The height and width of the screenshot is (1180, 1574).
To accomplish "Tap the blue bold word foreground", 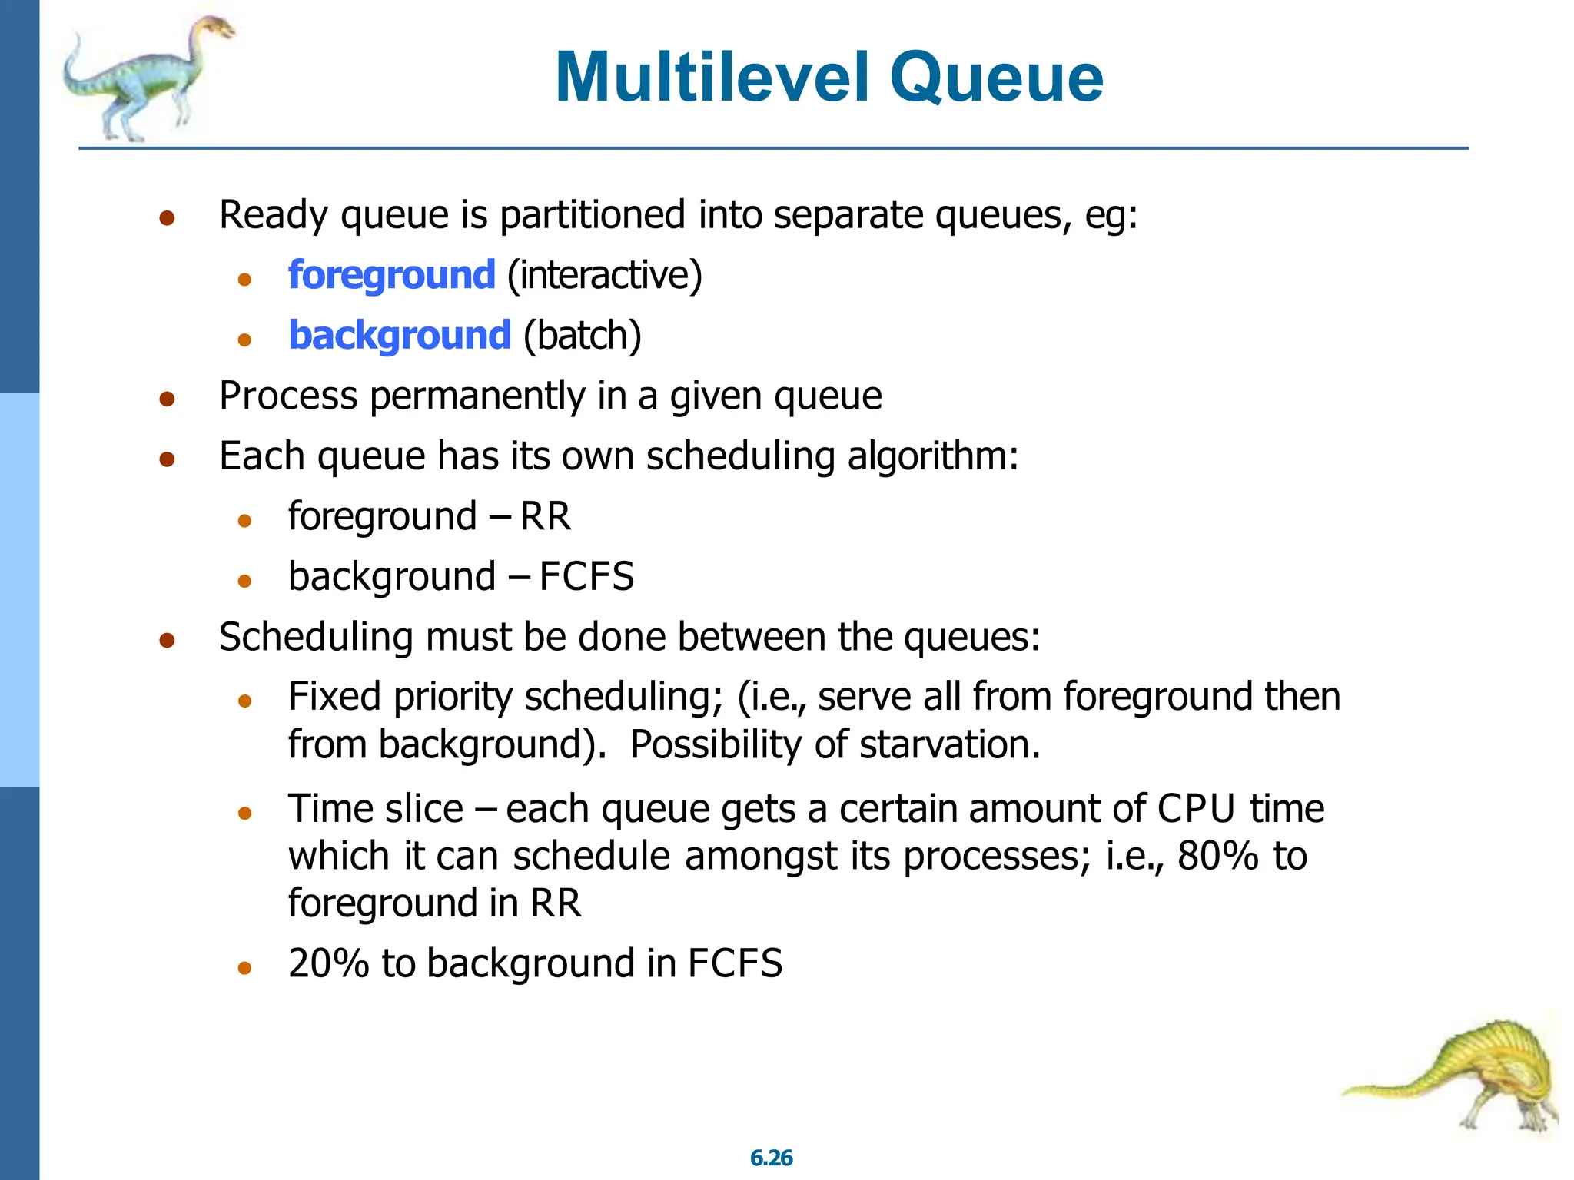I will (391, 275).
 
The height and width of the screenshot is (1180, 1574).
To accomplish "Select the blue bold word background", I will (399, 336).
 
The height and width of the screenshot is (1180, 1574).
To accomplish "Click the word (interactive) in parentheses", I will (605, 275).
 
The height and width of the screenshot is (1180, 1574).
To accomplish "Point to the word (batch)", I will (582, 336).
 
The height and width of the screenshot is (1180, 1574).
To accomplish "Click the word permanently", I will (478, 396).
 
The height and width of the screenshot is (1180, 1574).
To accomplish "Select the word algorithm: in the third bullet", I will (932, 456).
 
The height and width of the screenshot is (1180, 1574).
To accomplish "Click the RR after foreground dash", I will (546, 516).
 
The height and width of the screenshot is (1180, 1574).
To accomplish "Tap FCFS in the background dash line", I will (586, 577).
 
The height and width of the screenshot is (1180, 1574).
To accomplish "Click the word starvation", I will (949, 744).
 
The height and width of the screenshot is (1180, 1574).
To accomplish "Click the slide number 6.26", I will (771, 1158).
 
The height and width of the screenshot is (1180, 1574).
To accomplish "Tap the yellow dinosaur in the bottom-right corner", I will (1476, 1076).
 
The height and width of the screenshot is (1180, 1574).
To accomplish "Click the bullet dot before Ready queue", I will (167, 218).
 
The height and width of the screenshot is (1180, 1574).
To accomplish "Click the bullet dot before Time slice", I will (245, 813).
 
